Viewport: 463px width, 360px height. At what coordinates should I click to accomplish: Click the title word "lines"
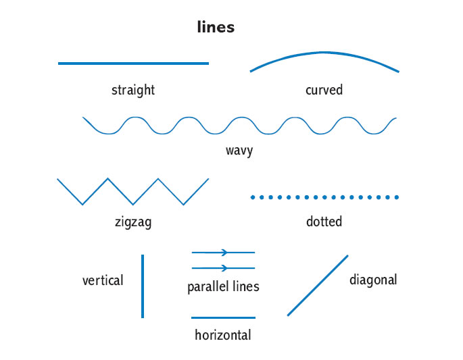pyautogui.click(x=216, y=28)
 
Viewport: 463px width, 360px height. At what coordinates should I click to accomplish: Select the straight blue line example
pyautogui.click(x=133, y=63)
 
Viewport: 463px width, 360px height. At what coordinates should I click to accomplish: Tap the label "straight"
pyautogui.click(x=133, y=90)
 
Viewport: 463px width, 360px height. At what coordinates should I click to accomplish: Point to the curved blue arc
pyautogui.click(x=324, y=53)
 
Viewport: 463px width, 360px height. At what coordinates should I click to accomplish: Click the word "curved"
pyautogui.click(x=324, y=90)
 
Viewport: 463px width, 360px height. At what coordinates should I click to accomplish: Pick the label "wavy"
pyautogui.click(x=239, y=150)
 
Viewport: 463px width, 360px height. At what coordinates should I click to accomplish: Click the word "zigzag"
pyautogui.click(x=133, y=222)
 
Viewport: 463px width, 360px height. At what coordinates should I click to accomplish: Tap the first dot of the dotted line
pyautogui.click(x=253, y=197)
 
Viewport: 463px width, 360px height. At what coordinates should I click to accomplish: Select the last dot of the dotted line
pyautogui.click(x=397, y=197)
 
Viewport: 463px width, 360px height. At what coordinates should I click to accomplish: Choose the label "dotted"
pyautogui.click(x=324, y=222)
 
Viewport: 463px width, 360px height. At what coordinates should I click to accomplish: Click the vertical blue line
pyautogui.click(x=143, y=286)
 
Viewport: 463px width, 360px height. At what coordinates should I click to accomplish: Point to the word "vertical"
pyautogui.click(x=103, y=280)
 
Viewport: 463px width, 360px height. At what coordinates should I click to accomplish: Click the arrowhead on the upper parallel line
pyautogui.click(x=224, y=252)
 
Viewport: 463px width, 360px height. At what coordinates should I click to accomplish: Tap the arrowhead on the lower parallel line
pyautogui.click(x=224, y=268)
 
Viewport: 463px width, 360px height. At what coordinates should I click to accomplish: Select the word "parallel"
pyautogui.click(x=208, y=287)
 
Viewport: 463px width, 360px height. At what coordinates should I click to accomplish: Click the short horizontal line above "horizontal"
pyautogui.click(x=223, y=317)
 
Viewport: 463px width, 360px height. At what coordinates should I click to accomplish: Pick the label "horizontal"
pyautogui.click(x=223, y=335)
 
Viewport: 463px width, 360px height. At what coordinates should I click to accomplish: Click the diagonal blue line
pyautogui.click(x=318, y=285)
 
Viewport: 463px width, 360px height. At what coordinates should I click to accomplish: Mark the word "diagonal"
pyautogui.click(x=373, y=280)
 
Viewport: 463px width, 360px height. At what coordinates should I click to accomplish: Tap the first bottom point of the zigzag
pyautogui.click(x=82, y=204)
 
